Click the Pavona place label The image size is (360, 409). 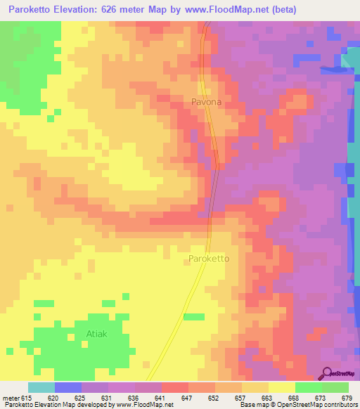tap(206, 102)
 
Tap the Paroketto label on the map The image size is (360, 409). tap(210, 259)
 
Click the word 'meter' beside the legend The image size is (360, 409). tap(10, 398)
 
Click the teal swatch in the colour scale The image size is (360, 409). tap(41, 387)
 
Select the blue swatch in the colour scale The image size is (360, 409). tap(68, 387)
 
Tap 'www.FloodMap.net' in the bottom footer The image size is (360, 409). tap(143, 405)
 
